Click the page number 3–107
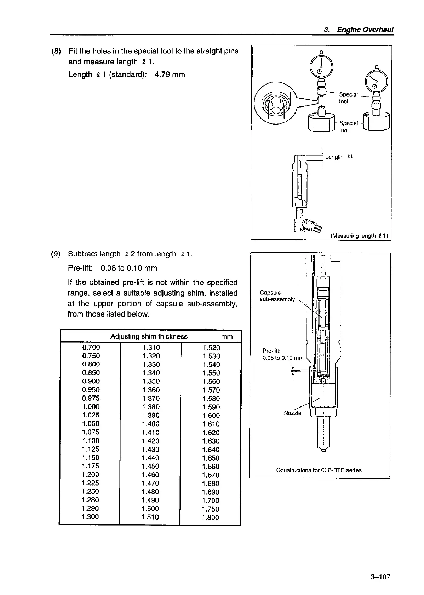click(380, 577)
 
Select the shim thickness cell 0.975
click(91, 398)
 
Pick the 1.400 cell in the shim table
click(150, 423)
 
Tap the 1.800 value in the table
click(211, 517)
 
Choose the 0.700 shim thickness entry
click(91, 347)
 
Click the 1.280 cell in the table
click(90, 500)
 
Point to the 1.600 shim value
click(211, 415)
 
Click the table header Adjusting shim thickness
click(149, 336)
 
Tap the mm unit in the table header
click(227, 337)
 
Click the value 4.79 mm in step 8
click(170, 75)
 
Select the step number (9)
click(56, 254)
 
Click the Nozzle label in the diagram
click(292, 413)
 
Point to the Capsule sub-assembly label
click(277, 296)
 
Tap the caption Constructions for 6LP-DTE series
click(319, 470)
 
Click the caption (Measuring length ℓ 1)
click(359, 236)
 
